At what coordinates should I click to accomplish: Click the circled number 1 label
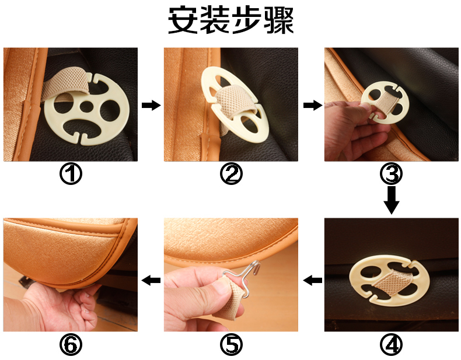[x=71, y=174]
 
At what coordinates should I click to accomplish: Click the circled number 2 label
[x=231, y=174]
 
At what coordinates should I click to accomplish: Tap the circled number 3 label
[x=392, y=174]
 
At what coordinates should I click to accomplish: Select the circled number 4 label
[x=392, y=345]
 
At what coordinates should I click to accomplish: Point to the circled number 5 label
[x=231, y=345]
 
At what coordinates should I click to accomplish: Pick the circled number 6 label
[x=71, y=345]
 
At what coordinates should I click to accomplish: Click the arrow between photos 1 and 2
[x=151, y=105]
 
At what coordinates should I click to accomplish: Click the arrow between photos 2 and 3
[x=313, y=105]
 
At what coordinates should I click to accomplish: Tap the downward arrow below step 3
[x=392, y=200]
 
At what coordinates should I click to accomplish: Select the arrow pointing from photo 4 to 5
[x=313, y=280]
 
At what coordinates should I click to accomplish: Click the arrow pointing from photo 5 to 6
[x=151, y=280]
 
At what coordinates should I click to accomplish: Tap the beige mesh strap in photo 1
[x=68, y=84]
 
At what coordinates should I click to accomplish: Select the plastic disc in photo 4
[x=389, y=281]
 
